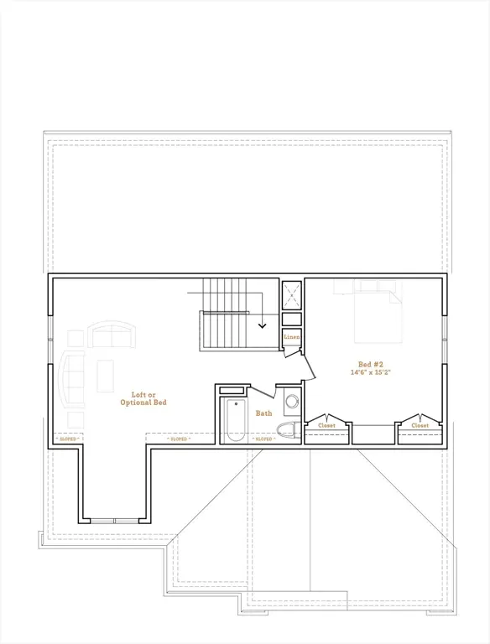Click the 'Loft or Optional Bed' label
pyautogui.click(x=149, y=398)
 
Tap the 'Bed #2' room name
pyautogui.click(x=370, y=365)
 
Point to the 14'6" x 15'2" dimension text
pyautogui.click(x=370, y=373)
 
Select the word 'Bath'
pyautogui.click(x=264, y=413)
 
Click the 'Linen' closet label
pyautogui.click(x=291, y=337)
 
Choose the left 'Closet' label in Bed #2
pyautogui.click(x=326, y=425)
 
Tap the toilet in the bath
pyautogui.click(x=289, y=431)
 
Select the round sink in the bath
pyautogui.click(x=292, y=402)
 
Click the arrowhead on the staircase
pyautogui.click(x=263, y=325)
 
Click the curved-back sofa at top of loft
pyautogui.click(x=112, y=336)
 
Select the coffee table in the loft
pyautogui.click(x=105, y=376)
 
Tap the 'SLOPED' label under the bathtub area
pyautogui.click(x=263, y=439)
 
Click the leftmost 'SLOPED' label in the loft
pyautogui.click(x=68, y=439)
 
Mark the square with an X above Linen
pyautogui.click(x=292, y=294)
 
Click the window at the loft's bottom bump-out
pyautogui.click(x=115, y=521)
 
